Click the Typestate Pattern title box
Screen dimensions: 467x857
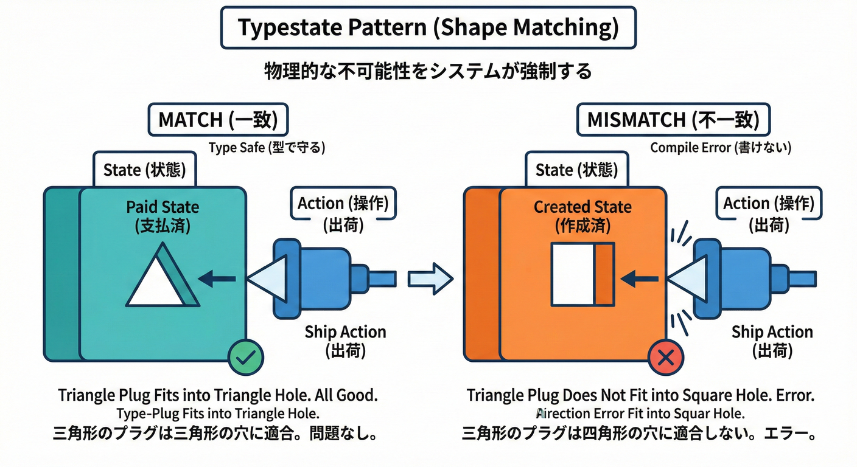click(x=428, y=28)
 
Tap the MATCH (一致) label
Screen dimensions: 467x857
click(x=218, y=120)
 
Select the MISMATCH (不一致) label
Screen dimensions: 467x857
click(x=673, y=120)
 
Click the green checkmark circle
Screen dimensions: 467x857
click(x=245, y=358)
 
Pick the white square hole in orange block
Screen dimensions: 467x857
click(x=573, y=274)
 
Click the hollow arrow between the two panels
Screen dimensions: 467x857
click(x=430, y=279)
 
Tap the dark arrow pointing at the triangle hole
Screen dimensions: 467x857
click(x=217, y=279)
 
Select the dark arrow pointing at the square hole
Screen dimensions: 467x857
click(x=639, y=279)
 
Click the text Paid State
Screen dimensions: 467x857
click(x=163, y=207)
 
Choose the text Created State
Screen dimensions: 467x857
click(x=582, y=207)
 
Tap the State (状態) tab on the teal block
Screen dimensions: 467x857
click(x=145, y=170)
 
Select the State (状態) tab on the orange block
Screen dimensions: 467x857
click(x=572, y=170)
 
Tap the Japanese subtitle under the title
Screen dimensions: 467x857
click(x=428, y=71)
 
